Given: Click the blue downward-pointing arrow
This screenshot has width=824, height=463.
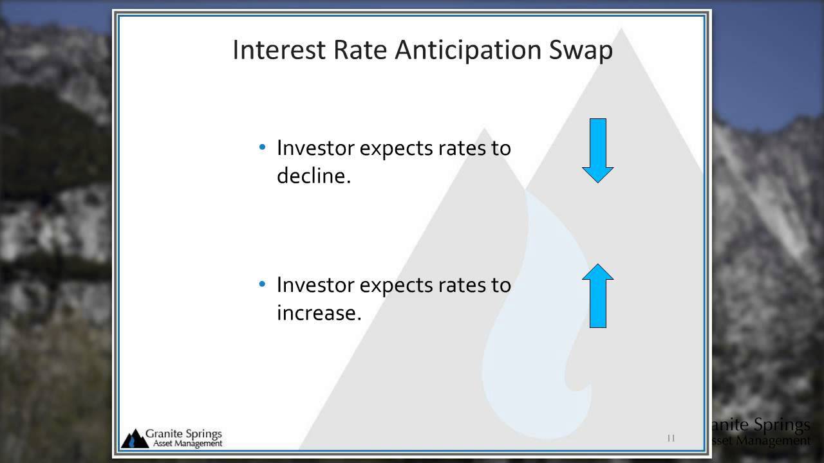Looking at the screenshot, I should click(x=598, y=150).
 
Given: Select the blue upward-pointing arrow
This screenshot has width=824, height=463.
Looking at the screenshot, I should click(x=598, y=296).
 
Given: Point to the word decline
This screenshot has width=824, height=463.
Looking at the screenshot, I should click(x=314, y=175).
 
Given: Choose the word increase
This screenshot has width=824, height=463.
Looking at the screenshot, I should click(x=319, y=313).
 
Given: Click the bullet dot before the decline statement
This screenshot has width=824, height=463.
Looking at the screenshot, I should click(x=262, y=147).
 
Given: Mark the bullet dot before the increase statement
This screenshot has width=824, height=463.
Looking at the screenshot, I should click(x=262, y=284).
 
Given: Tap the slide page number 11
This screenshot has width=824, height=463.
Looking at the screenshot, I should click(x=671, y=438).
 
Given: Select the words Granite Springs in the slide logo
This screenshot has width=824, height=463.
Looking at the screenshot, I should click(x=183, y=434).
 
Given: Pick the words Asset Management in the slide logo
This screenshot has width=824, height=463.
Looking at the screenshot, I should click(x=187, y=444).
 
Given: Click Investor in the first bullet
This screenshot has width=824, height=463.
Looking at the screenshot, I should click(x=315, y=148).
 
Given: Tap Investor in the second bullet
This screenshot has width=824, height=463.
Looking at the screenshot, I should click(x=315, y=285).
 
